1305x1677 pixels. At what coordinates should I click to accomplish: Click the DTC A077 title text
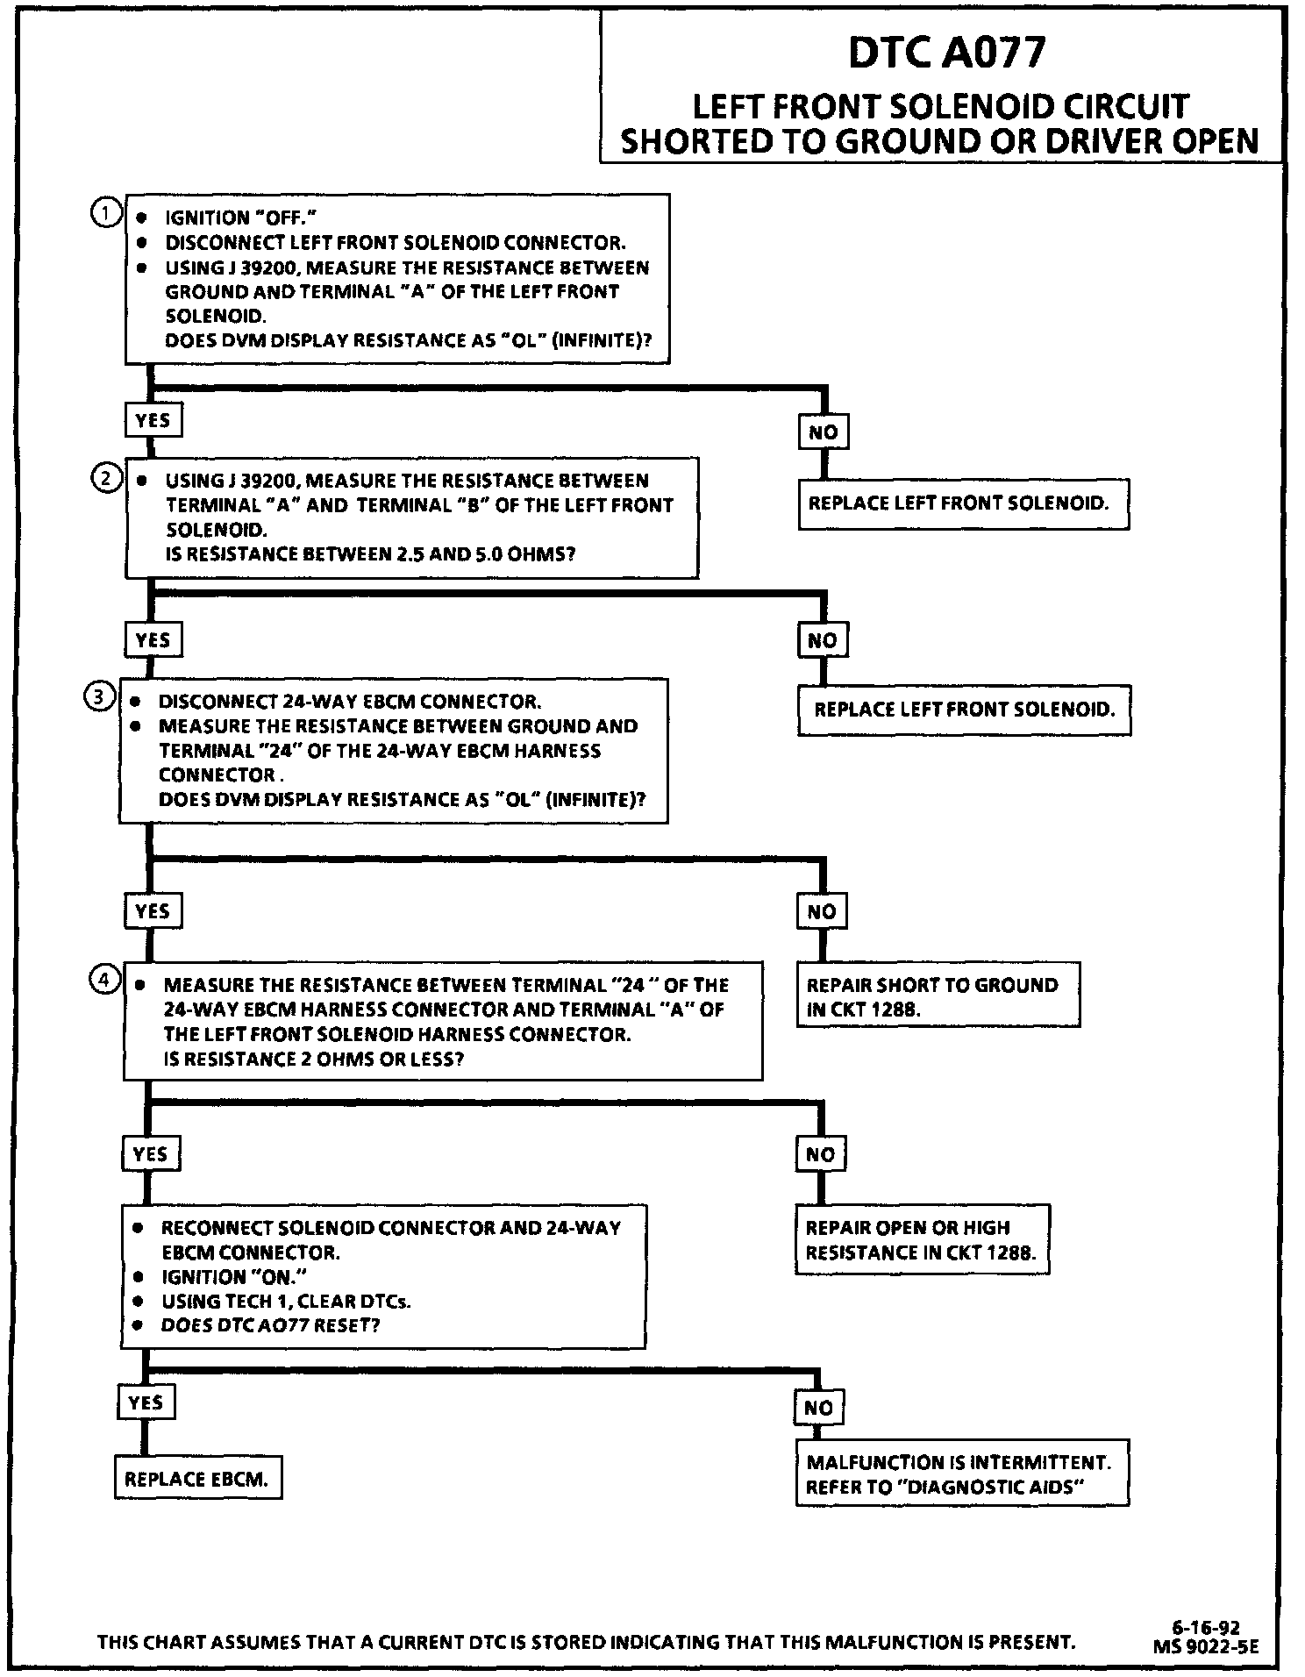(x=946, y=53)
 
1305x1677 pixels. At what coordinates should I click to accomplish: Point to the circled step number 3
(x=97, y=697)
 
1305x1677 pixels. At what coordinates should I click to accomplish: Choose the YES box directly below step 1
(x=153, y=420)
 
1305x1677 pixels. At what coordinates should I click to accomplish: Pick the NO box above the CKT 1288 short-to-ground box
(x=822, y=911)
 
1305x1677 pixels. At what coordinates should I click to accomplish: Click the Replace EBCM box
(x=198, y=1479)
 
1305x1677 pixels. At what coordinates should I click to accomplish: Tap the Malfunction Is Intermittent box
(x=961, y=1474)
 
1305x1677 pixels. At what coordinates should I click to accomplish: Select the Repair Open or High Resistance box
(x=922, y=1239)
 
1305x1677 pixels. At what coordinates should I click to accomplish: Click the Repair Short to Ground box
(x=938, y=995)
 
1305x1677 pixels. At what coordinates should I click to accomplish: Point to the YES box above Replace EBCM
(x=146, y=1402)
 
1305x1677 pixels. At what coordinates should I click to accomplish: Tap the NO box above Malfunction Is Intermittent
(x=818, y=1408)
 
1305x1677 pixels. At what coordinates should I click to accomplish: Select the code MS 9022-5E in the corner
(x=1206, y=1646)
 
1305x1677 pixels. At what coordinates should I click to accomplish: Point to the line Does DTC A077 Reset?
(x=270, y=1324)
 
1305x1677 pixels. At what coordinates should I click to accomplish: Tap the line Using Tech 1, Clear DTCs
(x=286, y=1301)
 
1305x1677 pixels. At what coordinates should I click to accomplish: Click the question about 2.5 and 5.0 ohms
(x=370, y=553)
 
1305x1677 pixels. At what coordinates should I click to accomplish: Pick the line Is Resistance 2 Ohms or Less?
(x=313, y=1059)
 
